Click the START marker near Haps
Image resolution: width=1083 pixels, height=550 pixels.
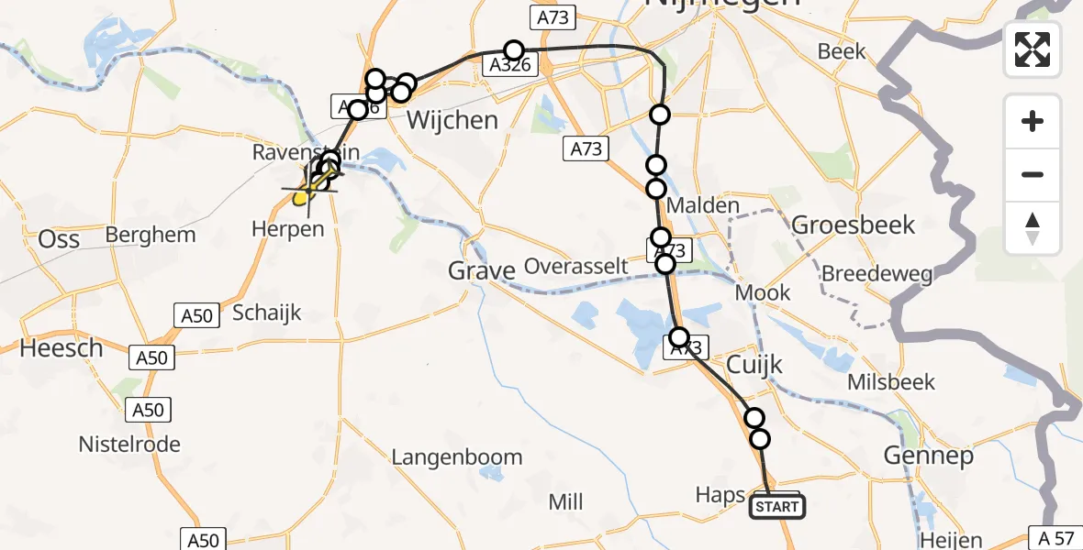pos(777,506)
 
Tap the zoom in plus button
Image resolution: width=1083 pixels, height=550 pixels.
pos(1033,121)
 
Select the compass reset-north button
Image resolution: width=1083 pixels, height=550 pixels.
pos(1033,228)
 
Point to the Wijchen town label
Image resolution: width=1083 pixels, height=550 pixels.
pos(452,120)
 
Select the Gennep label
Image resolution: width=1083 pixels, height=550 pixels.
pos(928,456)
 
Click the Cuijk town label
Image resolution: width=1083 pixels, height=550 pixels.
pos(754,365)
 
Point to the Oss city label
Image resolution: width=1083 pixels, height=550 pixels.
pos(59,239)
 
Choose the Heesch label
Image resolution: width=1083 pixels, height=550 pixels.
pos(61,348)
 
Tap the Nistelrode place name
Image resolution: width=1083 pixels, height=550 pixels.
pos(129,445)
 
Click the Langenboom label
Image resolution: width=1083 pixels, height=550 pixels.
pos(456,456)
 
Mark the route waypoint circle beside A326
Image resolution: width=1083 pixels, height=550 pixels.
pos(513,50)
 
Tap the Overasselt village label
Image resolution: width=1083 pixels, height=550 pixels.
pos(576,267)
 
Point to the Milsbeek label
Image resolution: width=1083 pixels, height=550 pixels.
pos(891,382)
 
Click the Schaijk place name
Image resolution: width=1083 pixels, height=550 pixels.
pos(266,313)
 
